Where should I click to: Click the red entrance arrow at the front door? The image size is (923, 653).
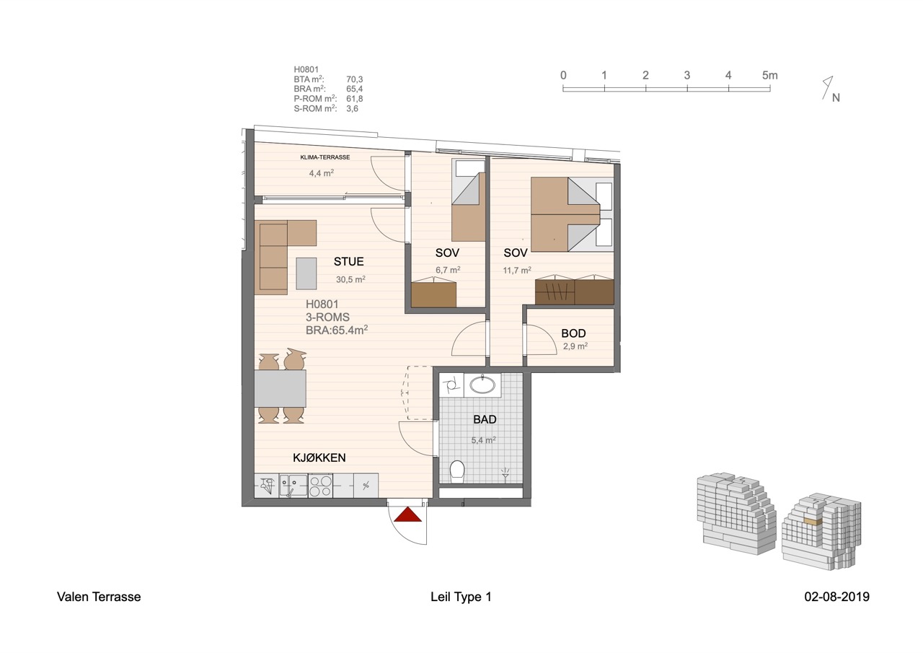(407, 515)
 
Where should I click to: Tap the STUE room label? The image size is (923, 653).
(348, 261)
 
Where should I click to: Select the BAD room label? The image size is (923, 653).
(485, 420)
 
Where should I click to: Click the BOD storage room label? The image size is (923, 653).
(573, 333)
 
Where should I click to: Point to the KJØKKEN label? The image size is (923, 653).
(319, 457)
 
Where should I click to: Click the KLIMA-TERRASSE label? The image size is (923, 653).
(325, 157)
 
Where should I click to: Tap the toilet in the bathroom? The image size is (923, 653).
(457, 470)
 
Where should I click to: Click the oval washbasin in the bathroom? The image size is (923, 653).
(482, 385)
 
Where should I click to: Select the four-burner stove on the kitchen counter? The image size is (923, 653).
(320, 486)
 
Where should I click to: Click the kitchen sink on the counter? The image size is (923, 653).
(293, 485)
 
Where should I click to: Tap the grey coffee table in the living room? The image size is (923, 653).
(306, 273)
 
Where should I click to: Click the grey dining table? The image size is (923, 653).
(281, 388)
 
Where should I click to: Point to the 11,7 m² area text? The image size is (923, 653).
(517, 271)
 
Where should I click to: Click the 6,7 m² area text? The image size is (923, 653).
(448, 270)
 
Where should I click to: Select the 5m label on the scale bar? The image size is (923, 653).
(769, 76)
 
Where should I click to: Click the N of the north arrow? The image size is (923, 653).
(836, 97)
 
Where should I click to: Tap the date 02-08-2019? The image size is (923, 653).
(837, 597)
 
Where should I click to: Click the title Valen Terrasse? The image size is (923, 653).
(99, 597)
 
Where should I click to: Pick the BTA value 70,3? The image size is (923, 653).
(354, 79)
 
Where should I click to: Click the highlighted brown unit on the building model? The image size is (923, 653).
(813, 522)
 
